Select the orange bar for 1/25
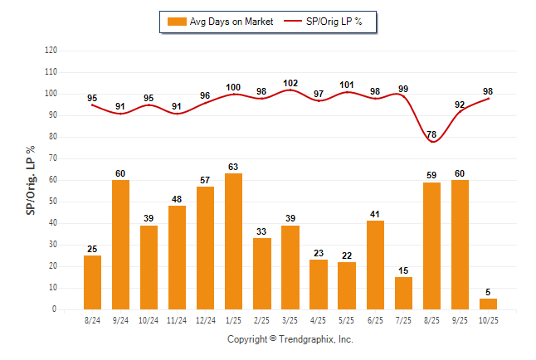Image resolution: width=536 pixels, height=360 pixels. click(x=234, y=241)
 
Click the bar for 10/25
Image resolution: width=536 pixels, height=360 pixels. click(x=488, y=304)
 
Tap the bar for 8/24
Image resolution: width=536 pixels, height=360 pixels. click(x=93, y=282)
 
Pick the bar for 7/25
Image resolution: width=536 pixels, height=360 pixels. click(x=403, y=293)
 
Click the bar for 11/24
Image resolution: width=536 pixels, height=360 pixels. click(x=178, y=257)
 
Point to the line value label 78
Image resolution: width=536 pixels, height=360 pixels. click(x=431, y=134)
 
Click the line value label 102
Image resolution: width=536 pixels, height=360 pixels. click(x=290, y=83)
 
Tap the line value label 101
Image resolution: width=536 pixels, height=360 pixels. click(x=347, y=85)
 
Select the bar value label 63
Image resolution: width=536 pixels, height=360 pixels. click(x=234, y=167)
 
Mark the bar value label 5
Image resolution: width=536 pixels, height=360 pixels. click(x=488, y=292)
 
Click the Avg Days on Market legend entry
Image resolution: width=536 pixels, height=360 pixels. click(x=219, y=22)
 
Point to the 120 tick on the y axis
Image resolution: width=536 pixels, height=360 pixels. click(x=51, y=50)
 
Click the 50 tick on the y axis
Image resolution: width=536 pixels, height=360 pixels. click(x=52, y=202)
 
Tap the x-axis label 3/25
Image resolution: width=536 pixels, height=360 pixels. click(x=290, y=319)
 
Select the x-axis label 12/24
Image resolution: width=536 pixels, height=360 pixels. click(x=206, y=319)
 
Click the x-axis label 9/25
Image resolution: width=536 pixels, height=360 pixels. click(x=460, y=319)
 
